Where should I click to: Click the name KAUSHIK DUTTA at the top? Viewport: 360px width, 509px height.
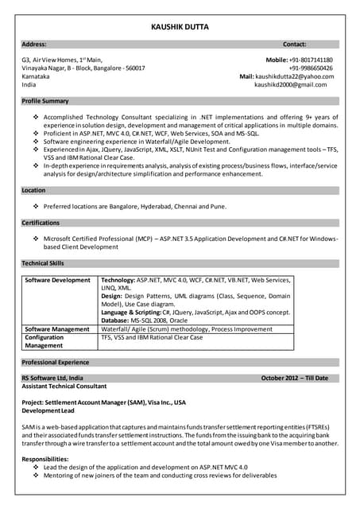click(x=180, y=26)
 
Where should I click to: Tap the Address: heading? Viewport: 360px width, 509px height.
click(x=34, y=45)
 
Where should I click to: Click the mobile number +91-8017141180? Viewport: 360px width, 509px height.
click(x=311, y=60)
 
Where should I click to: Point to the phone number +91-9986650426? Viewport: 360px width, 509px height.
click(x=311, y=68)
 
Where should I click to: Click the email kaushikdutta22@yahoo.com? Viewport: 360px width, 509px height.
click(x=294, y=76)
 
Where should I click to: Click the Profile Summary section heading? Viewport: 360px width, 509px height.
click(x=45, y=101)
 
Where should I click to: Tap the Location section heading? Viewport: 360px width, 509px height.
click(x=33, y=190)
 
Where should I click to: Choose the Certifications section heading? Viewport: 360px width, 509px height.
click(x=41, y=223)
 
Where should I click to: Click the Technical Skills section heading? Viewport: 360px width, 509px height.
click(x=43, y=262)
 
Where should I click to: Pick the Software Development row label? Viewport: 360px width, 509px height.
click(x=57, y=280)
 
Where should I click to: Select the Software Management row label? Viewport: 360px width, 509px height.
click(x=57, y=328)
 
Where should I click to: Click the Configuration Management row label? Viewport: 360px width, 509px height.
click(x=45, y=341)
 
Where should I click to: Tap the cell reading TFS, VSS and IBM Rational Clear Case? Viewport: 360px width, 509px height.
click(x=151, y=337)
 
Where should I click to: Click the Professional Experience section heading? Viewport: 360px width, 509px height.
click(x=56, y=362)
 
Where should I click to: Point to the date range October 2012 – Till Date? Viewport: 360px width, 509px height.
click(x=294, y=378)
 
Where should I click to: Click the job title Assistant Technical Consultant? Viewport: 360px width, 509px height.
click(x=64, y=386)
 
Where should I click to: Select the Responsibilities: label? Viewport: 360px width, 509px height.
click(x=45, y=459)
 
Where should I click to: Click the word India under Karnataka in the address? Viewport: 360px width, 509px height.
click(x=29, y=84)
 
